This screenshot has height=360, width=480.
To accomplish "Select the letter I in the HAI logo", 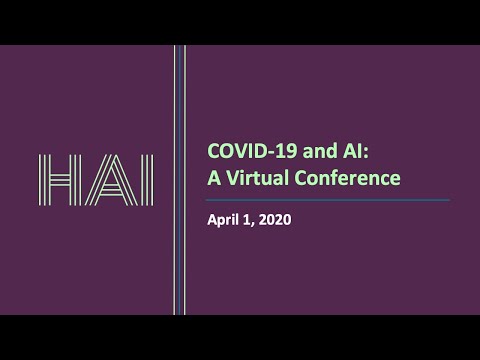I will pos(145,180).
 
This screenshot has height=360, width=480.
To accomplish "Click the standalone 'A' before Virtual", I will pos(212,179).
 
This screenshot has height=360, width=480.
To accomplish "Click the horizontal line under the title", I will pos(320,200).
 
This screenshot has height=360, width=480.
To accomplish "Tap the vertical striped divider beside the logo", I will pos(180,180).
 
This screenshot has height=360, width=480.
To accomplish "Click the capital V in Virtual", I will pos(230,179).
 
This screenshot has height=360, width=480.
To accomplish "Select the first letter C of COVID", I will pos(212,152).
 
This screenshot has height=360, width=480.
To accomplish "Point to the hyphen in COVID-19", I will pos(261,153).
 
